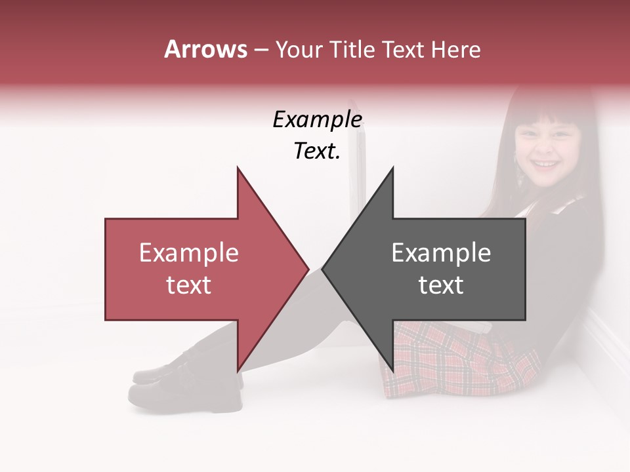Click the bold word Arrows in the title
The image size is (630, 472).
point(205,49)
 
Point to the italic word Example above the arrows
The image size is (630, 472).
point(318,121)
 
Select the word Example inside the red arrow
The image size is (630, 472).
point(189,253)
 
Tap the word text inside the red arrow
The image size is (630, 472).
point(189,285)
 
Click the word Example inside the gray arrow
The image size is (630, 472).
point(441,253)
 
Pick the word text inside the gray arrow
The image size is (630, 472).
point(441,285)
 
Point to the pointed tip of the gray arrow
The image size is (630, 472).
point(323,269)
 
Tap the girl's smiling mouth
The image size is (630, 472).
point(543,163)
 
